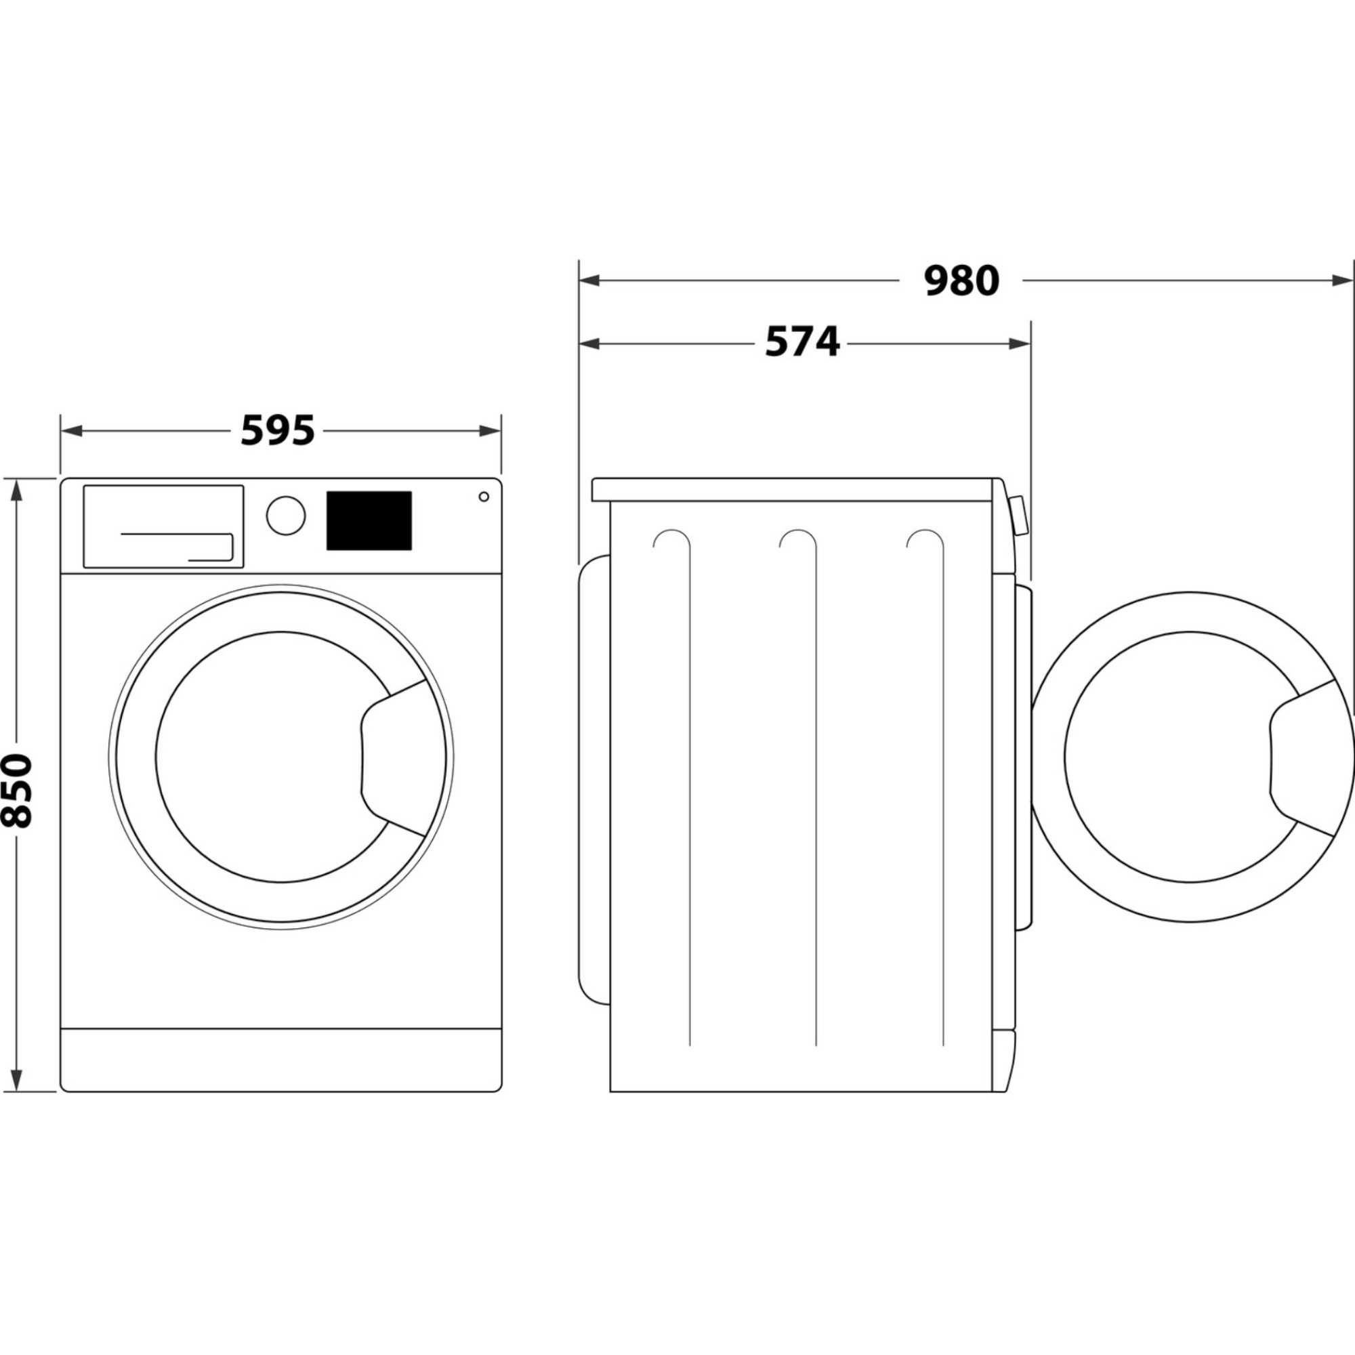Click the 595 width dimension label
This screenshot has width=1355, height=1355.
278,431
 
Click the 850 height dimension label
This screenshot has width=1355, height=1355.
17,791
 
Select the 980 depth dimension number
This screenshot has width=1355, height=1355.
961,280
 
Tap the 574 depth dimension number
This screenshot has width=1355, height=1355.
801,343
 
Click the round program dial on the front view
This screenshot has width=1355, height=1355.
285,516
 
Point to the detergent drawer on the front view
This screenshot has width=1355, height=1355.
163,526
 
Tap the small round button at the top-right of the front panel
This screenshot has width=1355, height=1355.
483,497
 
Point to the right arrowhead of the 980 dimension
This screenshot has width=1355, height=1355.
1341,280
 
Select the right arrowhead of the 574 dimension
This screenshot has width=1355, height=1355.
1020,343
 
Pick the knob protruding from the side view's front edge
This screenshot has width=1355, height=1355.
1019,516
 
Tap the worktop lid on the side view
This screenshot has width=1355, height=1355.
793,489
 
